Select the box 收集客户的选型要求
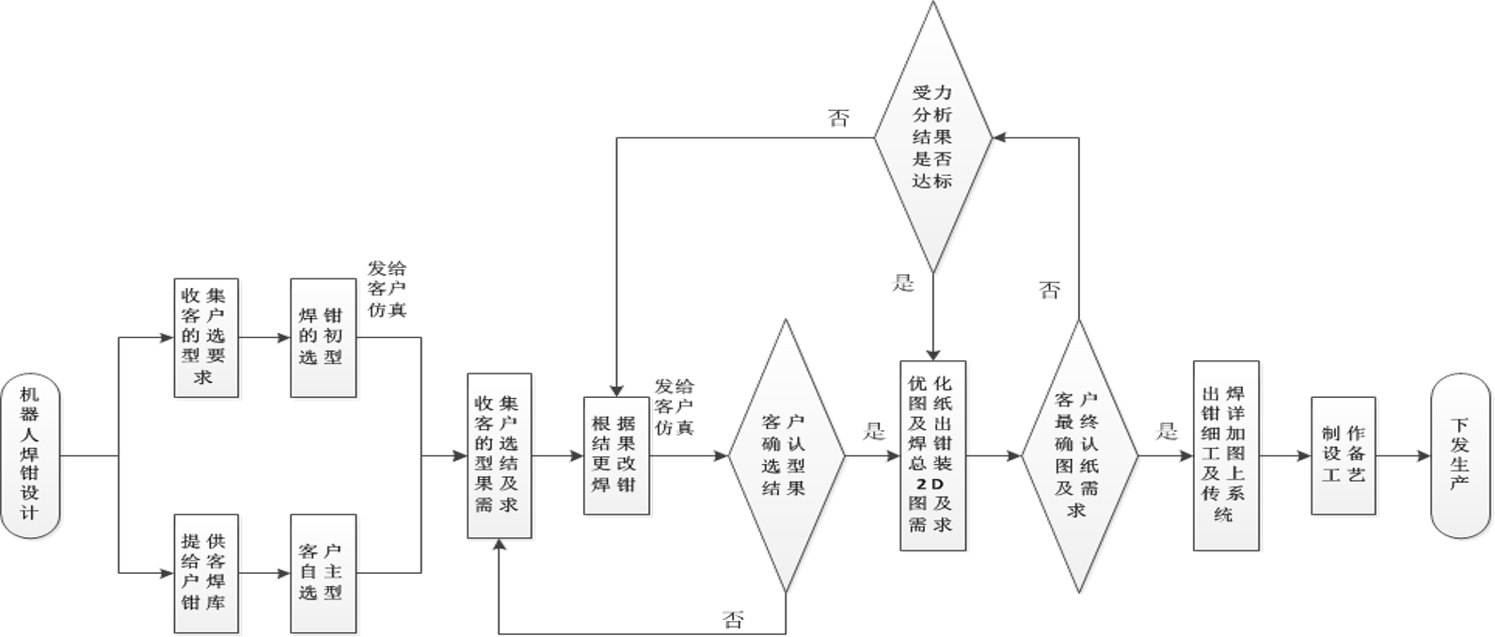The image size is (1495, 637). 207,339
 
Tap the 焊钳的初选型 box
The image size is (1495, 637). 324,339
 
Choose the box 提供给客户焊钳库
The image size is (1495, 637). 207,574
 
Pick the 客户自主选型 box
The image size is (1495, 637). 324,574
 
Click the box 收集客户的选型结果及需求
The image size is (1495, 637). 500,457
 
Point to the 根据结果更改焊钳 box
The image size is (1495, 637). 616,457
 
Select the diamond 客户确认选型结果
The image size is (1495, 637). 787,457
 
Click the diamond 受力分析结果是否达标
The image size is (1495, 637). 932,137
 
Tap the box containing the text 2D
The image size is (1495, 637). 932,457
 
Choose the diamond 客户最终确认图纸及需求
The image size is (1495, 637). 1080,457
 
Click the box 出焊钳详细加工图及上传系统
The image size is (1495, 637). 1227,457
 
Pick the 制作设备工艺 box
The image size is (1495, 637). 1345,457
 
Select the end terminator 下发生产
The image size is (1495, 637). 1460,457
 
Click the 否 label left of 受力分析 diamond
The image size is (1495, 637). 836,119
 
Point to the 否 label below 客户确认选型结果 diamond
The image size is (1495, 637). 734,619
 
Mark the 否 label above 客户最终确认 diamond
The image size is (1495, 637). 1049,291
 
